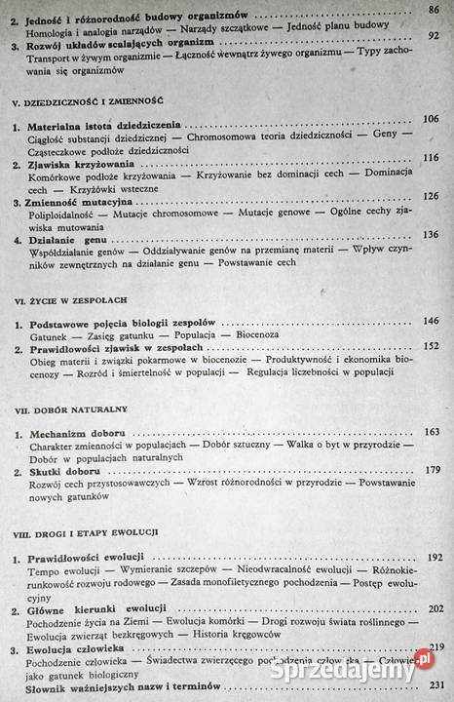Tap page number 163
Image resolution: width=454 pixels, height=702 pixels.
[x=432, y=431]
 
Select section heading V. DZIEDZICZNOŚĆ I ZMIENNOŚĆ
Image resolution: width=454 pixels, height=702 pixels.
[x=87, y=100]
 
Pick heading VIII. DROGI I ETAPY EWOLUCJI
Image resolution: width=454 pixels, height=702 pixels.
[x=89, y=535]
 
